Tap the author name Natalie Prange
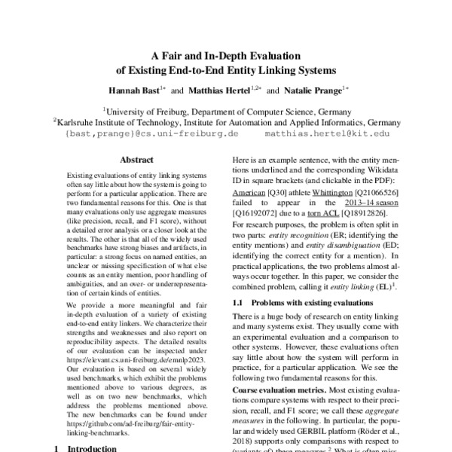(x=307, y=90)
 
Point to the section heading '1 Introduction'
(x=83, y=447)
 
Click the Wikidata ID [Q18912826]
(x=374, y=214)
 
